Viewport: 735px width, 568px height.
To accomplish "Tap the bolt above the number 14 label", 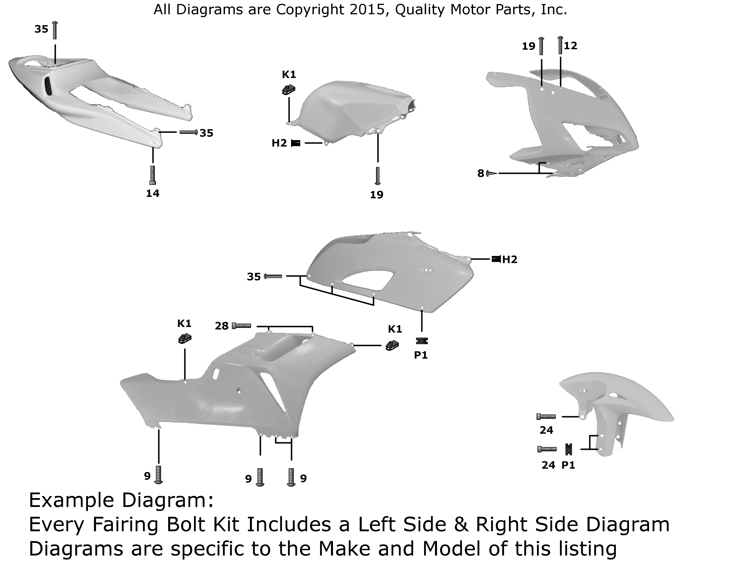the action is pos(152,175).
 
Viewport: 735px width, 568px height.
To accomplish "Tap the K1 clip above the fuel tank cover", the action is pos(288,90).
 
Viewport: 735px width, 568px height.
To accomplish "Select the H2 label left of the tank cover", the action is pos(279,143).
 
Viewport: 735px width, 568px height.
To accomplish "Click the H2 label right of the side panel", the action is pos(510,259).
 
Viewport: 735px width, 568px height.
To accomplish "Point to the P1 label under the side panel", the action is pos(421,355).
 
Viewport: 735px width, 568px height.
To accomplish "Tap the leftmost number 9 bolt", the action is pos(159,475).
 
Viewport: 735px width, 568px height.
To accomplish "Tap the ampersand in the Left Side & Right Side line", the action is pos(461,524).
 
